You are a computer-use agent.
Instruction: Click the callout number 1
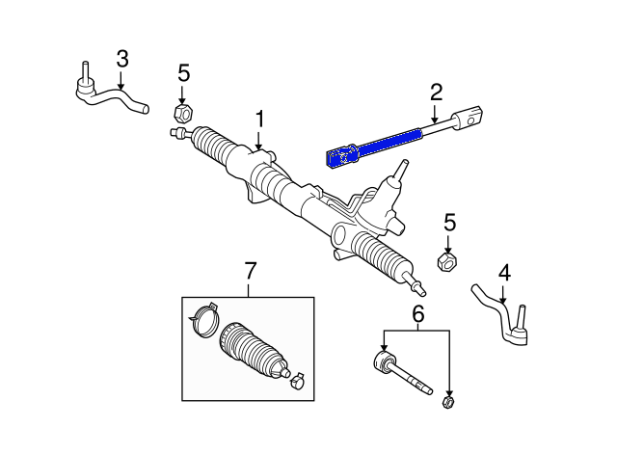pos(258,120)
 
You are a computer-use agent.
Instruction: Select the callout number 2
pos(436,93)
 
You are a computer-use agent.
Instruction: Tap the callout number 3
pos(121,59)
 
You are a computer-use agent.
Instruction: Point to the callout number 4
pos(503,274)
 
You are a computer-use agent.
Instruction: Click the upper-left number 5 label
pos(184,72)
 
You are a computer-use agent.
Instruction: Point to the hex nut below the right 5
pos(447,260)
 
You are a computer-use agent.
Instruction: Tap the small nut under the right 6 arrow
pos(447,401)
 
